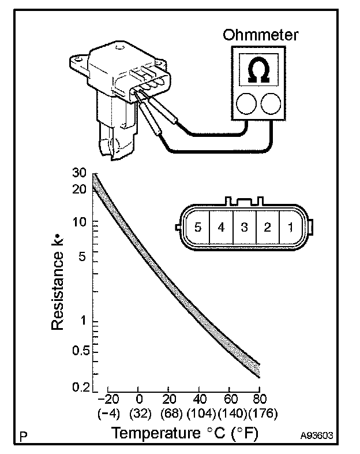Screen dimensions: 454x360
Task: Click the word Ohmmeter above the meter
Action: tap(261, 35)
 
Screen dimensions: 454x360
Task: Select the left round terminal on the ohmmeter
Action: tap(247, 104)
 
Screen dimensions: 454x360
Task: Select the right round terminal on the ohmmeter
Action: tap(271, 104)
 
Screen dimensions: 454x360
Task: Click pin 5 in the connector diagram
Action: tap(198, 227)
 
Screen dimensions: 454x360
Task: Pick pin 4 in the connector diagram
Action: tap(221, 227)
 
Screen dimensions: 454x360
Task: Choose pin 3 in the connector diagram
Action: tap(244, 227)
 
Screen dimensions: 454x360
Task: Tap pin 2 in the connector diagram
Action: tap(267, 227)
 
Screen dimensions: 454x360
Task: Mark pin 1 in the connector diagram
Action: tap(290, 227)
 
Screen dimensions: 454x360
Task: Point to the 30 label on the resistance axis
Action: tap(80, 173)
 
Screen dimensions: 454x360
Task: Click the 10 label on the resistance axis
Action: tap(80, 222)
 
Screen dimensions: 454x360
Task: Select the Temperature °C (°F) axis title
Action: tap(177, 433)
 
